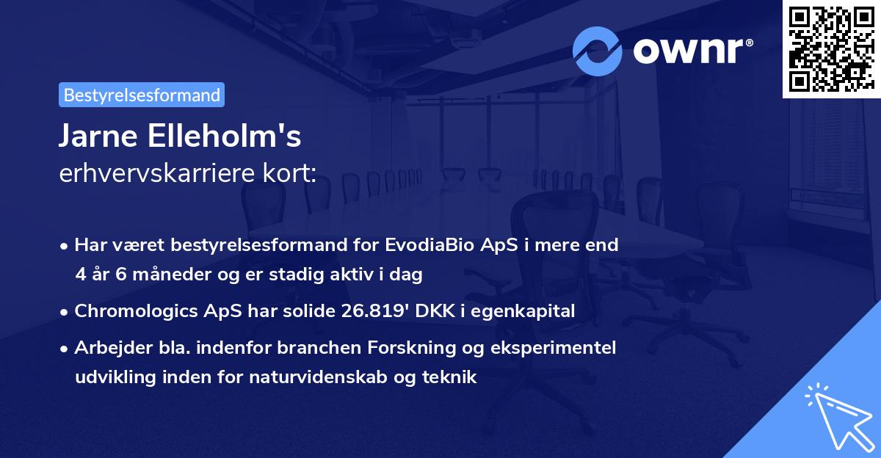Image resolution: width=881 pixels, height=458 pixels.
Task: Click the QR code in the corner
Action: pyautogui.click(x=831, y=48)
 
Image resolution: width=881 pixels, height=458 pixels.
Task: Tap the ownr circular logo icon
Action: pyautogui.click(x=598, y=51)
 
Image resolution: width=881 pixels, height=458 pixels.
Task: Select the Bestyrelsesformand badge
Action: pyautogui.click(x=142, y=95)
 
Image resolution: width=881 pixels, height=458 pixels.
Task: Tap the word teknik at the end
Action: pyautogui.click(x=452, y=377)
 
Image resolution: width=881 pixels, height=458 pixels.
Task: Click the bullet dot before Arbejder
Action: pyautogui.click(x=65, y=348)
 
